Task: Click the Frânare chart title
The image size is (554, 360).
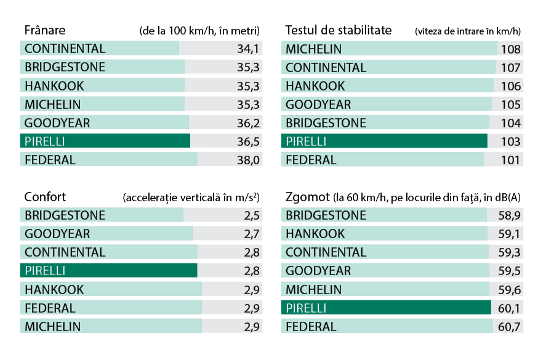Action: point(44,30)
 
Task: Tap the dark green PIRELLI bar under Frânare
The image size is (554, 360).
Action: point(105,141)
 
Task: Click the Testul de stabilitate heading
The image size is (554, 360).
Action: point(339,30)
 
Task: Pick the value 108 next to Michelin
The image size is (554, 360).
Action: point(511,49)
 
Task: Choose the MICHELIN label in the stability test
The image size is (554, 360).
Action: point(313,49)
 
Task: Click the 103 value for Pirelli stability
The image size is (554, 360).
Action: point(511,142)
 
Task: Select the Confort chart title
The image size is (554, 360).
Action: point(44,197)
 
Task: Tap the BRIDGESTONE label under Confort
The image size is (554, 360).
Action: point(65,215)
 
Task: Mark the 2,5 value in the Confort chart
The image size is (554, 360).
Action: point(252,215)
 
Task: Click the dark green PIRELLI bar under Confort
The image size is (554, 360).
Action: point(108,271)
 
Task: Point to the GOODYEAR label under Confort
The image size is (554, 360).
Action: point(57,234)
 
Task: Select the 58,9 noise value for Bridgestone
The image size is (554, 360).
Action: point(509,215)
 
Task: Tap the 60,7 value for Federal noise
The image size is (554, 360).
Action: point(509,327)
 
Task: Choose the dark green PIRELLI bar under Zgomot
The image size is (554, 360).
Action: point(385,308)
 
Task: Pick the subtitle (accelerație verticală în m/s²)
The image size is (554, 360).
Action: point(191,198)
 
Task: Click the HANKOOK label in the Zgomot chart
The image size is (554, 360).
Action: point(315,234)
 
